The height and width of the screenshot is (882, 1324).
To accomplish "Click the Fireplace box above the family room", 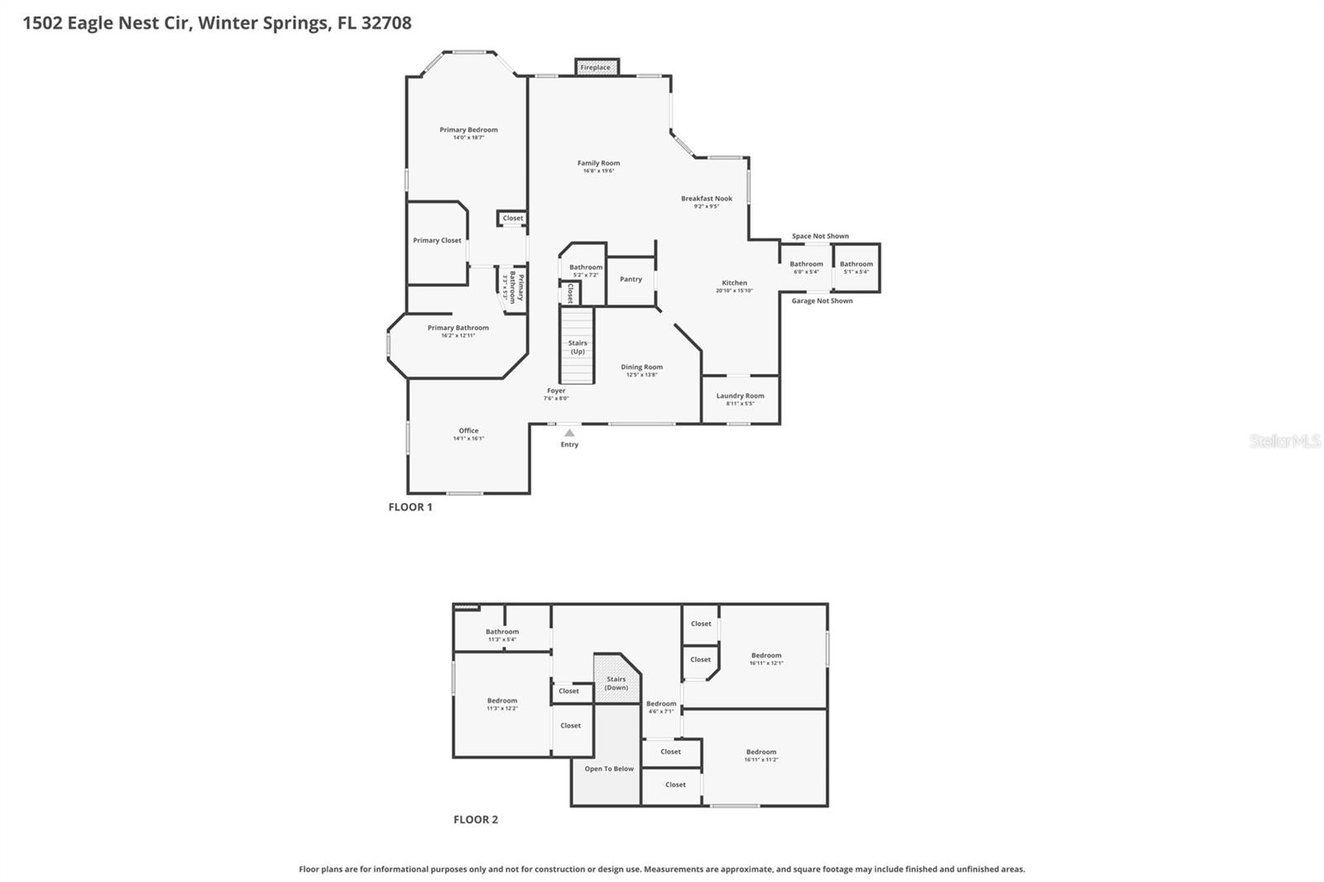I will tap(596, 67).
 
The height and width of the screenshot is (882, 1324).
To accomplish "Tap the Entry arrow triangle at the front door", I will tap(569, 433).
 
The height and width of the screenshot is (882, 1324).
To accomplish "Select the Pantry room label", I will tap(631, 280).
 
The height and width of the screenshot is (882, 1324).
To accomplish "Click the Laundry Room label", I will tap(740, 396).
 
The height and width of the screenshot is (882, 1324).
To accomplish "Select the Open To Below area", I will tap(609, 769).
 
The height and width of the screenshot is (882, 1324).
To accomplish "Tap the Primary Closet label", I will tap(437, 241).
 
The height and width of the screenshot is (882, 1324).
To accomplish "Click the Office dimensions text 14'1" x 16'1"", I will tap(468, 439).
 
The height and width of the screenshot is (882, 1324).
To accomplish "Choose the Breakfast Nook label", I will tap(707, 199).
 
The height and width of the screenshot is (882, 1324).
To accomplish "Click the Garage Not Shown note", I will tap(822, 301).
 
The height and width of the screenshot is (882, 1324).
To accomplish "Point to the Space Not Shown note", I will tap(820, 237).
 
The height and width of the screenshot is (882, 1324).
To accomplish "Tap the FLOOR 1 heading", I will tap(410, 507).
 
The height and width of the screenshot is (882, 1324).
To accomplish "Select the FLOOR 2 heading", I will tap(476, 820).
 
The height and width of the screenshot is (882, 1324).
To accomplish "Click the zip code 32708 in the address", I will tap(384, 23).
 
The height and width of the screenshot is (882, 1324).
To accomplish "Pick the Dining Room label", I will tap(642, 367).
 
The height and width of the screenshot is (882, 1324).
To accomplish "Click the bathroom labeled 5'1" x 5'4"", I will tap(856, 267).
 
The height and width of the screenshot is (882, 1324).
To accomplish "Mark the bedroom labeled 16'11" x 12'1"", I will tap(766, 659).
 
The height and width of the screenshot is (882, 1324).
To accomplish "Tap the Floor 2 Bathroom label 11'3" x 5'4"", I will tap(502, 635).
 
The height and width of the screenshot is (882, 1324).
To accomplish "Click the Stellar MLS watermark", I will tap(1284, 442).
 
